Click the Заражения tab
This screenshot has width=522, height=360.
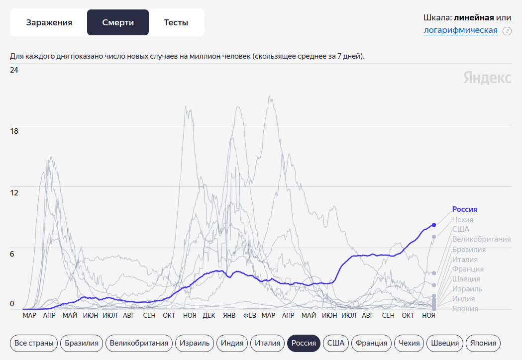tap(49, 22)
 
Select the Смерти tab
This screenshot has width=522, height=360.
tap(118, 22)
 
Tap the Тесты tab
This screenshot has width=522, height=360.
tap(176, 22)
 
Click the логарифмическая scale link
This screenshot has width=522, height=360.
tap(460, 31)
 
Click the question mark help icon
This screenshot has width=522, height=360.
tap(507, 31)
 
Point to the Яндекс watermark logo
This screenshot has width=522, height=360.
tap(487, 78)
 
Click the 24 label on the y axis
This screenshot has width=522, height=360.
tap(14, 70)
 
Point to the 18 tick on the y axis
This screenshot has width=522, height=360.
tap(14, 131)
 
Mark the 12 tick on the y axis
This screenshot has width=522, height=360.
tap(14, 192)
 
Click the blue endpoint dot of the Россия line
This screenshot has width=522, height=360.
tap(434, 225)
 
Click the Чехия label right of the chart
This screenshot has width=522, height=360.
tap(462, 219)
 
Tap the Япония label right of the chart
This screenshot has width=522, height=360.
tap(465, 309)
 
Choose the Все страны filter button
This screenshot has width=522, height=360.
tap(33, 343)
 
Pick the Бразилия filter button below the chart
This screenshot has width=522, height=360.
tap(82, 343)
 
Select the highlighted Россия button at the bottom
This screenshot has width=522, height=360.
tap(304, 343)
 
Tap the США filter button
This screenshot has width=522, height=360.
tap(336, 343)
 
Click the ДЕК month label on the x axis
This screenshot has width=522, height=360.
tap(209, 315)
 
